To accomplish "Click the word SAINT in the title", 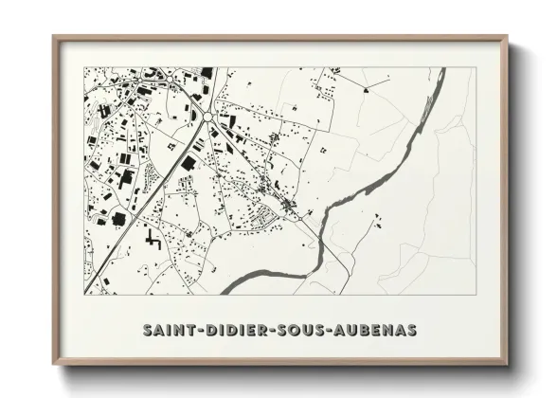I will [169, 331].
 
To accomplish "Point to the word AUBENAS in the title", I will [373, 331].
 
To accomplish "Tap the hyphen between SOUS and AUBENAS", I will [329, 332].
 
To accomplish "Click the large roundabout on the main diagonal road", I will [208, 117].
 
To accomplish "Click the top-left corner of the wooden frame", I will [55, 38].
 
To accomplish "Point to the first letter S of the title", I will [148, 331].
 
